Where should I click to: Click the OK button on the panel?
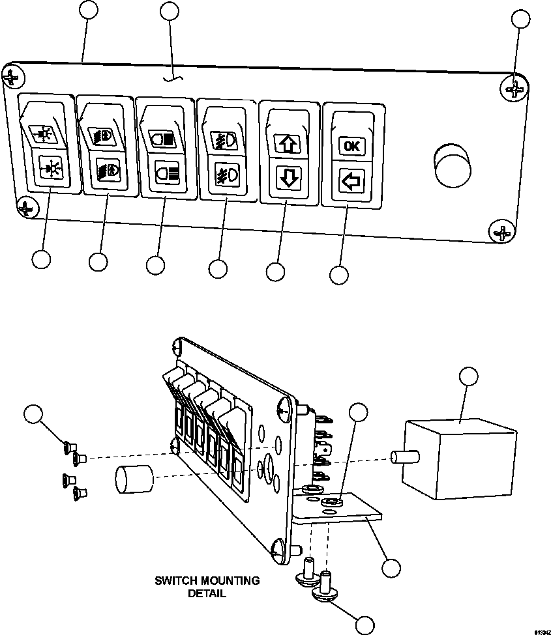(351, 146)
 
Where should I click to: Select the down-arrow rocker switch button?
(288, 177)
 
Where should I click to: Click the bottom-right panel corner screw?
(501, 231)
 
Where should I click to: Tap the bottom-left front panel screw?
(25, 208)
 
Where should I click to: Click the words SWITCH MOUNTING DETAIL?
(207, 586)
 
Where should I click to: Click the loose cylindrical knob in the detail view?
(133, 482)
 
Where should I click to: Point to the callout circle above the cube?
(468, 376)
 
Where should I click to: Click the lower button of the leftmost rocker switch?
(48, 168)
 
